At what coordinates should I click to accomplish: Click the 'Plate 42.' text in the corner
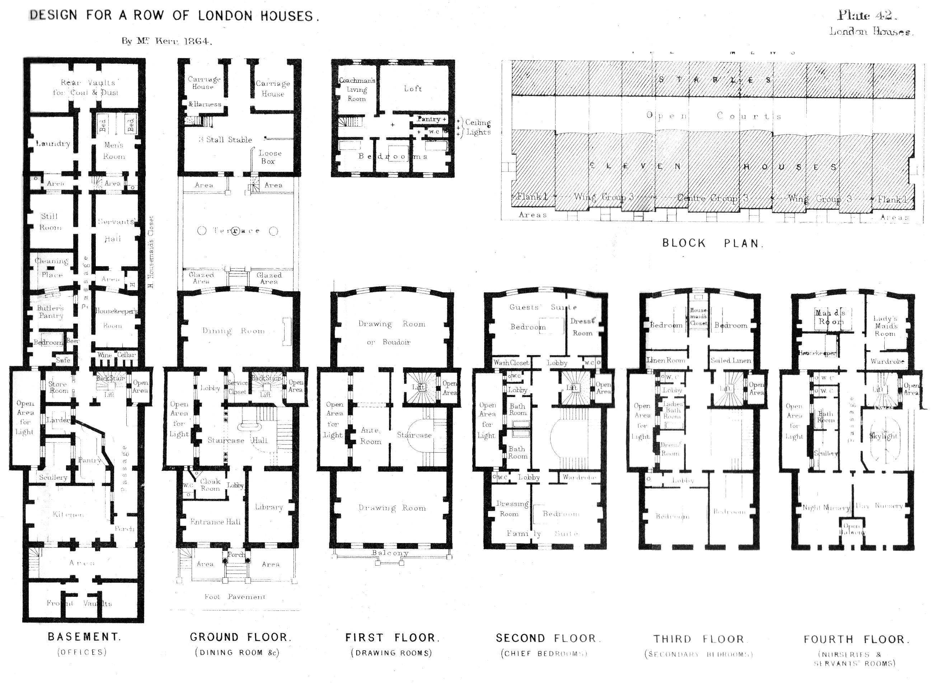(x=867, y=15)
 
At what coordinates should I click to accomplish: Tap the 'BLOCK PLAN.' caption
(x=712, y=243)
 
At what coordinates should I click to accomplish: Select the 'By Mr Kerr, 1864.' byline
(x=167, y=41)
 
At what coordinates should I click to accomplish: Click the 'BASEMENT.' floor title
(x=84, y=637)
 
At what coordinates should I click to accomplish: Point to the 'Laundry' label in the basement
(x=53, y=144)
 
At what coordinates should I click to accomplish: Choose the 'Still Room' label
(x=50, y=222)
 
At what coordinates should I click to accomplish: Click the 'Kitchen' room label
(x=68, y=514)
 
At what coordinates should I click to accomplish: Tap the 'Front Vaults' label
(x=79, y=603)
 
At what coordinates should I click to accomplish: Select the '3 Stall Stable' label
(x=225, y=140)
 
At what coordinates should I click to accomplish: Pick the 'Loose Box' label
(x=270, y=157)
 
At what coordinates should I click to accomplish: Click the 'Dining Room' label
(x=233, y=330)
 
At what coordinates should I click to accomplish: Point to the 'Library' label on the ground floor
(x=269, y=507)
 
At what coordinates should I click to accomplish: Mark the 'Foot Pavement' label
(x=234, y=596)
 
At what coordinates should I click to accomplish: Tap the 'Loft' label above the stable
(x=413, y=89)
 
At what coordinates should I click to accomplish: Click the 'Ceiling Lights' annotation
(x=478, y=127)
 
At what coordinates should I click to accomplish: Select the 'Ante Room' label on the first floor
(x=370, y=435)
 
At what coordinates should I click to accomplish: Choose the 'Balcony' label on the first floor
(x=390, y=553)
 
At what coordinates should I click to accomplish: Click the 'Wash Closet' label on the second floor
(x=511, y=362)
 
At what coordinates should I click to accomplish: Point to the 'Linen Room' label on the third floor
(x=666, y=360)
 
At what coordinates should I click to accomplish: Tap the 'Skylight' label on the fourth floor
(x=883, y=436)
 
